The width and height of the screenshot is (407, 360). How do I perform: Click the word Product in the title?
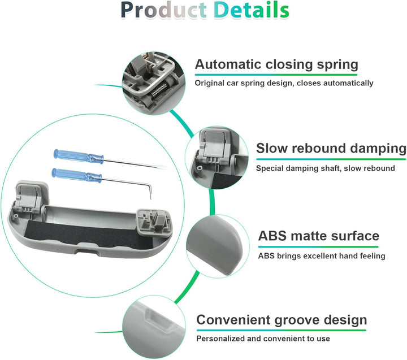[x=163, y=10]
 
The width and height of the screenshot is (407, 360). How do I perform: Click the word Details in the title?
[x=251, y=10]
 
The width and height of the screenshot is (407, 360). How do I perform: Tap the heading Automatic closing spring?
[x=276, y=64]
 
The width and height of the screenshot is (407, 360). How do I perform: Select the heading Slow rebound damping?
[x=331, y=149]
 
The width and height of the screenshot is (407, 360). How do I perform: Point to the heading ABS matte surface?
[x=318, y=236]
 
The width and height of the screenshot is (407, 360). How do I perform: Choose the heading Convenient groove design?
[x=282, y=320]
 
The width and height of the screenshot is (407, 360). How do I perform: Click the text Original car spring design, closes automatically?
[x=284, y=83]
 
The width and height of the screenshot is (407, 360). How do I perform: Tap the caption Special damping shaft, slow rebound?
[x=326, y=168]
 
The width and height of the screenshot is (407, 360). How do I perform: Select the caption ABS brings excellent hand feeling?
[x=322, y=256]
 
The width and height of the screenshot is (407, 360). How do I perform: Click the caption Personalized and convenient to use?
[x=263, y=339]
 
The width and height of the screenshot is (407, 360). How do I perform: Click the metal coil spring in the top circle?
[x=159, y=89]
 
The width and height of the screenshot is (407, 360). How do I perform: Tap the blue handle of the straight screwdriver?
[x=79, y=157]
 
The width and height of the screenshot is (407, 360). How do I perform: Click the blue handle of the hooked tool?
[x=77, y=175]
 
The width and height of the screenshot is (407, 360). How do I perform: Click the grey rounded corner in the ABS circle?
[x=215, y=245]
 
